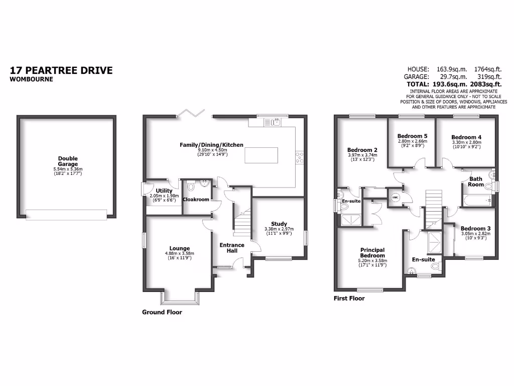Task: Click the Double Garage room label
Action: point(68,161)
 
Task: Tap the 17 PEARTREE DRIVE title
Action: point(61,70)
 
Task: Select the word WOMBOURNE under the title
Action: point(31,79)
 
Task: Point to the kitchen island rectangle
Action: point(261,155)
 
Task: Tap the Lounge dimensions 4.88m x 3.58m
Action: point(179,253)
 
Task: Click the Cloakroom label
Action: point(196,200)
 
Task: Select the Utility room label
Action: point(164,191)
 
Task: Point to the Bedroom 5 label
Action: point(412,136)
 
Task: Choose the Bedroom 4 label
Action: point(466,137)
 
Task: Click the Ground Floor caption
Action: point(162,312)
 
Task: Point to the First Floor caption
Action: point(349,298)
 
